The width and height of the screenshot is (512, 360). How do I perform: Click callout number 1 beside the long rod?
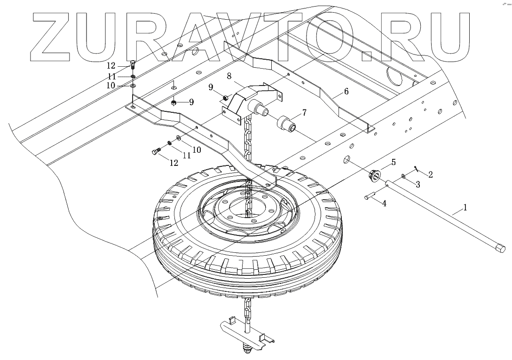point(466,207)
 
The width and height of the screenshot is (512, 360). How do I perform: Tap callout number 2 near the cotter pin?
point(430,173)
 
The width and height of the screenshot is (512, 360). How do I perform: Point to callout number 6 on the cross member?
point(346,91)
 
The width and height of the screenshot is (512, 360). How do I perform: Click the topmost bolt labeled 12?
point(133,64)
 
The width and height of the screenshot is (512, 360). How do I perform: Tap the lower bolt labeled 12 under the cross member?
point(157,151)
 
